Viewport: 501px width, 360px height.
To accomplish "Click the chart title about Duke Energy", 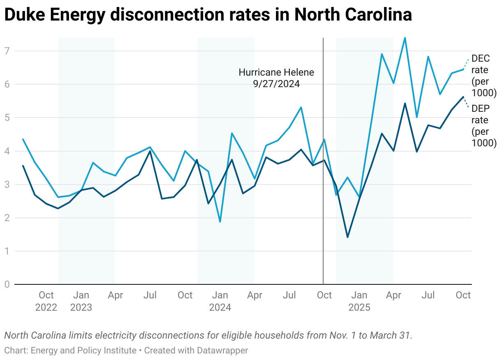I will (208, 15).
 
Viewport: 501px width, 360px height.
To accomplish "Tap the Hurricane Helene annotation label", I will (276, 78).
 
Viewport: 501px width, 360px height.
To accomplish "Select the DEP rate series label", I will (484, 126).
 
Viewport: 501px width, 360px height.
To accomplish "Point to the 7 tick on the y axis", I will (7, 51).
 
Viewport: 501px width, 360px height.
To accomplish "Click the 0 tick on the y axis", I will (7, 284).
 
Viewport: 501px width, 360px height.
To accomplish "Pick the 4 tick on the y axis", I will (7, 151).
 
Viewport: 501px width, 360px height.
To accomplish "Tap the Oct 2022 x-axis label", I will (46, 301).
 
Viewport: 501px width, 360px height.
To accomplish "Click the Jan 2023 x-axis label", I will (81, 301).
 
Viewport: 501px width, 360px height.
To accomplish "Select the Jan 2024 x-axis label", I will (220, 301).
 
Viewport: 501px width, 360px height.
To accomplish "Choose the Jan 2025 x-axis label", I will (359, 301).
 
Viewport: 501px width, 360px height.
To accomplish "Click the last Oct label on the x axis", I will (464, 295).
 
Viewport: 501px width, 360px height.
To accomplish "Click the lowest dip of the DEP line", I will (347, 237).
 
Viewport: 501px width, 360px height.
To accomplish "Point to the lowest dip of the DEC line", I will (220, 222).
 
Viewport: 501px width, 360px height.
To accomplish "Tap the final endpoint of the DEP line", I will (463, 97).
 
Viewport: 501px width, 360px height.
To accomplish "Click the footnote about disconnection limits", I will (208, 335).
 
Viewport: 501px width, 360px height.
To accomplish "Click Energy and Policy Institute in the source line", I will (83, 351).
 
